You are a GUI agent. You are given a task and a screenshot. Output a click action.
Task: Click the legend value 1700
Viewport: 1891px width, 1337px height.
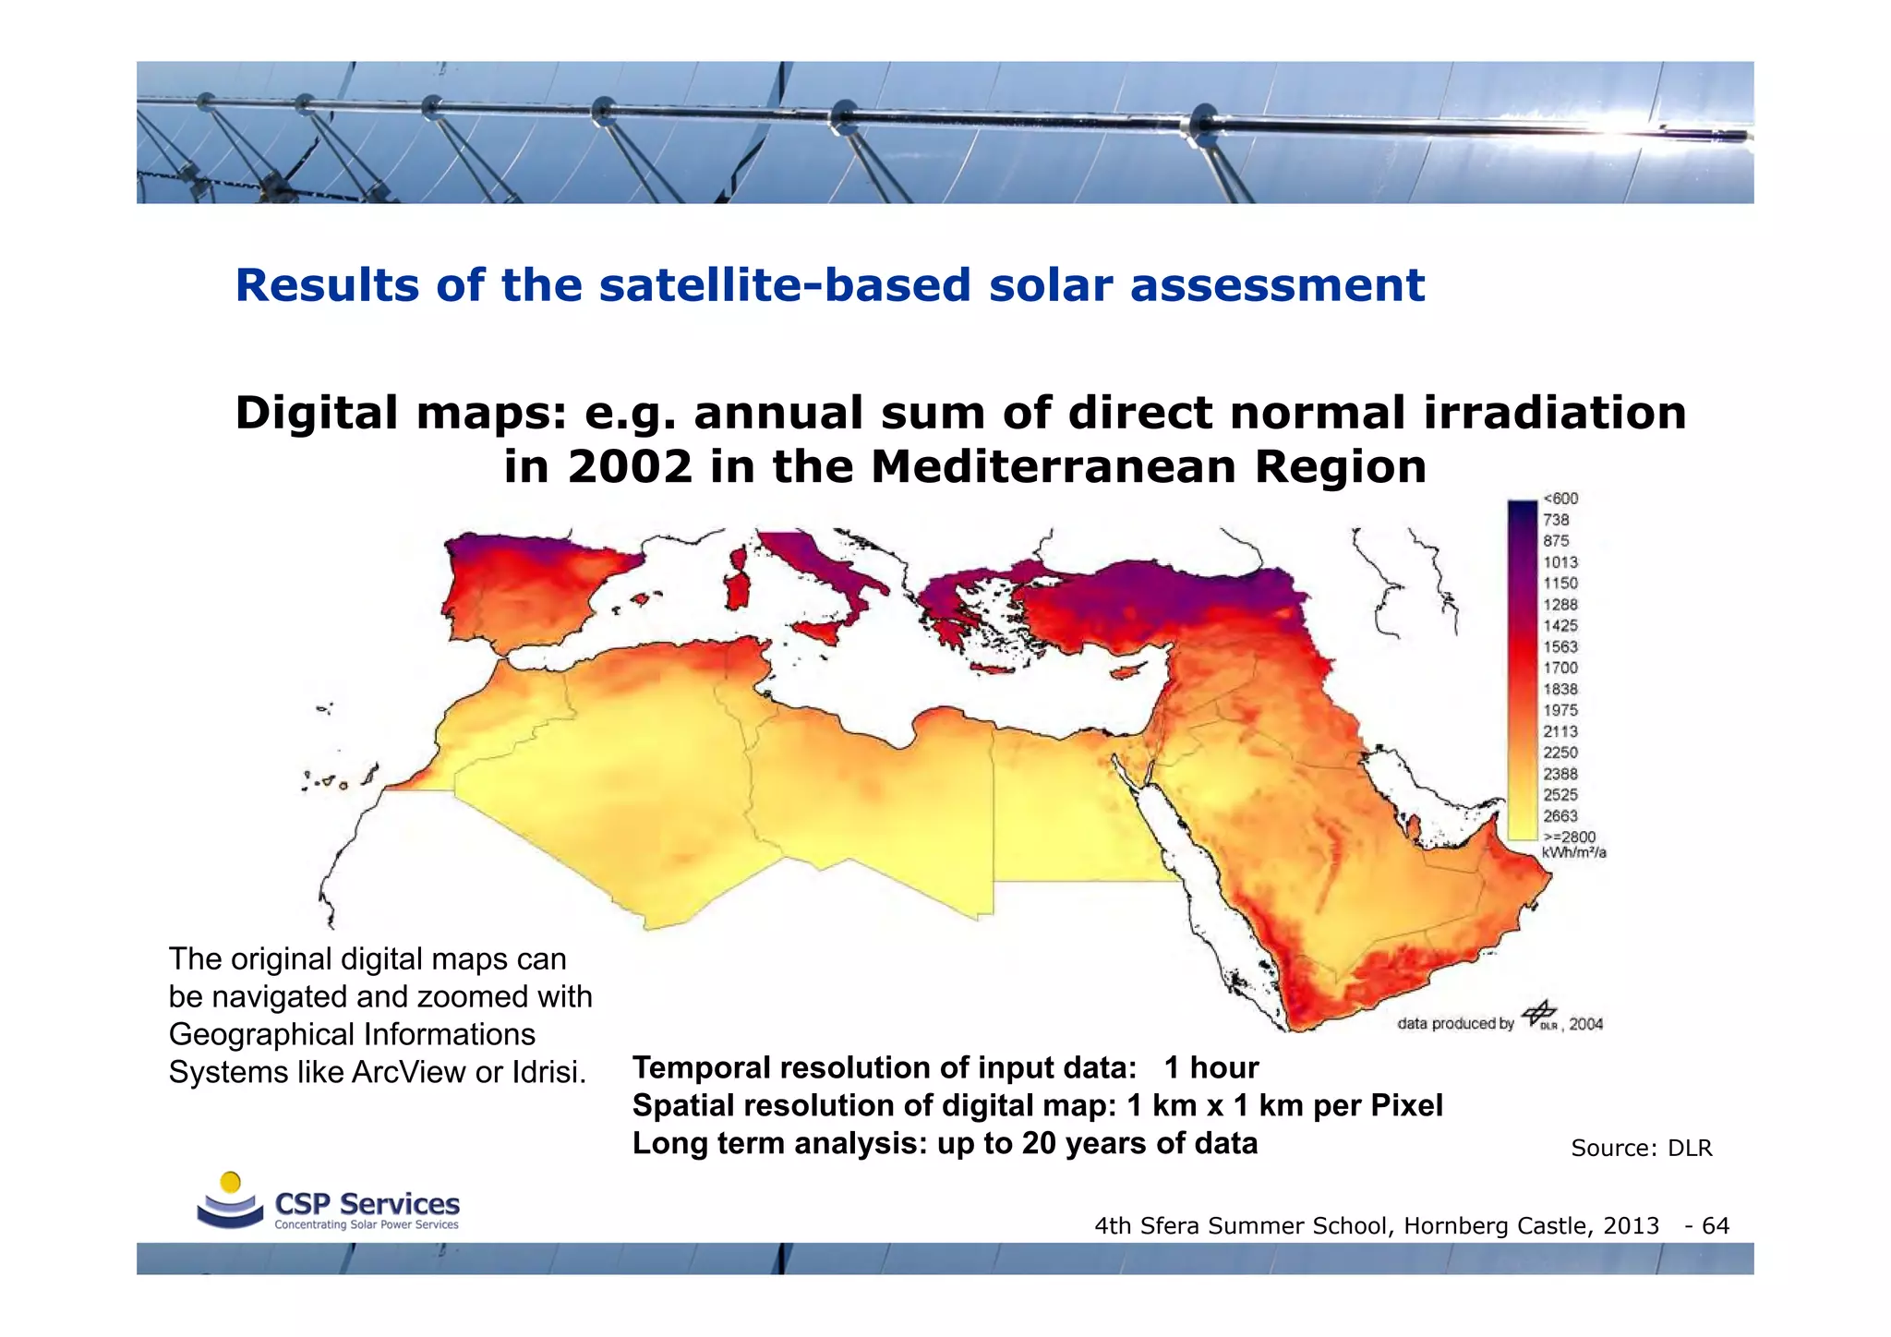pos(1560,668)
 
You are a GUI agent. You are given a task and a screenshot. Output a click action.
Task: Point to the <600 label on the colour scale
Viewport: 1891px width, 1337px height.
pos(1560,499)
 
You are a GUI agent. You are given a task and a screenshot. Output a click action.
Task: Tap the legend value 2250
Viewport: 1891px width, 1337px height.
pos(1560,753)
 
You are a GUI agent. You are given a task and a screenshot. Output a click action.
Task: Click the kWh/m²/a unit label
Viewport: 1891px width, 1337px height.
pos(1573,852)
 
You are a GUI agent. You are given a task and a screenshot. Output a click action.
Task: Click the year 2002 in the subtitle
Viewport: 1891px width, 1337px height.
pos(629,466)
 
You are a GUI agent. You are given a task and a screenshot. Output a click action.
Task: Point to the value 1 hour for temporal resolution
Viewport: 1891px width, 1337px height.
pos(1210,1067)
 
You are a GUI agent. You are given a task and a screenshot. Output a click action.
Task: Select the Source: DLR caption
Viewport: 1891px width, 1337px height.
pos(1641,1148)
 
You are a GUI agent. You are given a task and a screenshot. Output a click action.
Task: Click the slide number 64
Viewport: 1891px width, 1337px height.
pos(1715,1225)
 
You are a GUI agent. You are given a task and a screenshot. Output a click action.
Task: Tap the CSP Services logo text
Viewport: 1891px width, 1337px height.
pos(367,1204)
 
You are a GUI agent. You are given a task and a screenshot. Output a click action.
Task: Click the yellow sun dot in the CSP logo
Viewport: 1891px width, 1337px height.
pos(232,1182)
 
